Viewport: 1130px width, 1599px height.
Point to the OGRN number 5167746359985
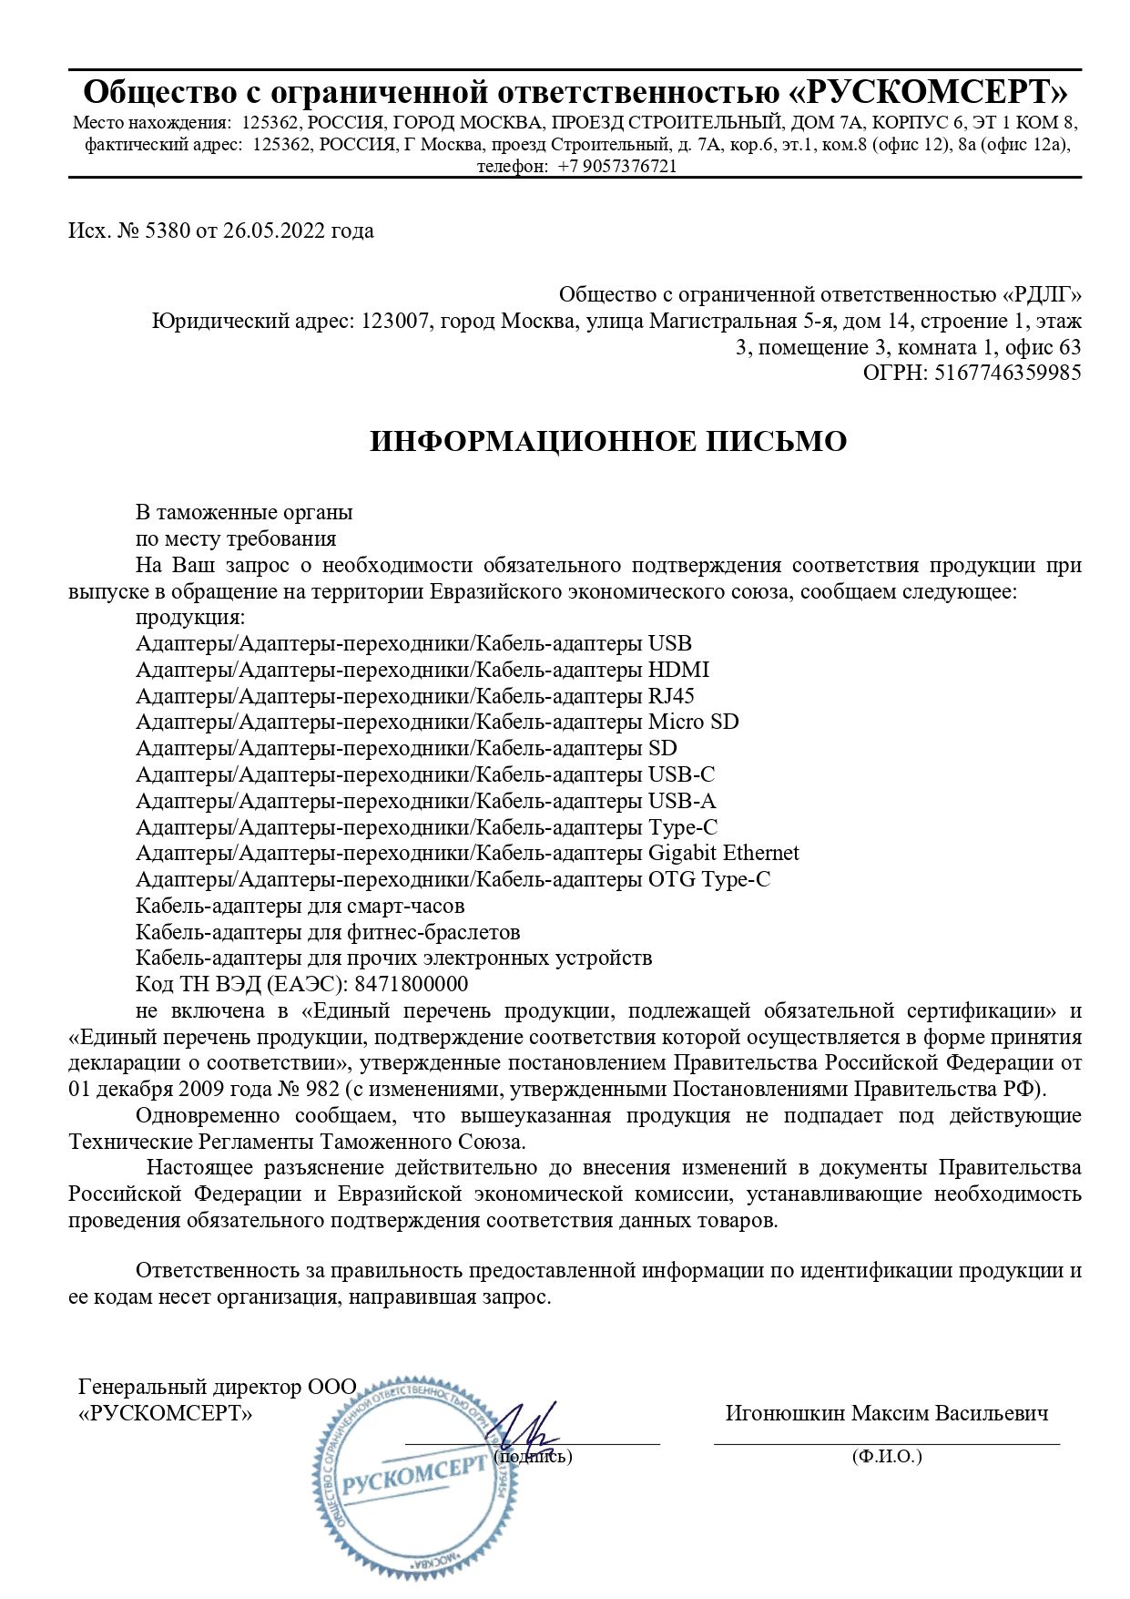point(1007,373)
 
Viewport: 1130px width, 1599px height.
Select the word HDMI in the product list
point(678,671)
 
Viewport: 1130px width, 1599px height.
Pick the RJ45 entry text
point(671,697)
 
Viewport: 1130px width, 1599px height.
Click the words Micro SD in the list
point(693,723)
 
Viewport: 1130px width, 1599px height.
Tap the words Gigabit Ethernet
point(723,854)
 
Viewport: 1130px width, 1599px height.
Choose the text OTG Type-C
point(708,880)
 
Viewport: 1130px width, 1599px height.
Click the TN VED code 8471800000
point(411,985)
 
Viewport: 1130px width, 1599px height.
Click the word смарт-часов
point(405,907)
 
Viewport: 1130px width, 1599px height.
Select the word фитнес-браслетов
point(433,933)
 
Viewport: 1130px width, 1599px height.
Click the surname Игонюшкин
point(785,1414)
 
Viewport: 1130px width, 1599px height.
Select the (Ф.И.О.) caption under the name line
point(887,1457)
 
